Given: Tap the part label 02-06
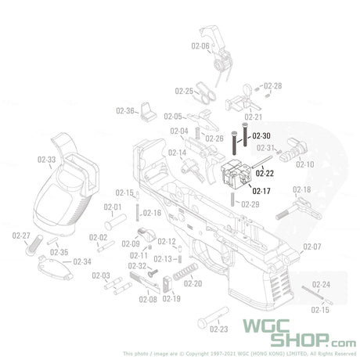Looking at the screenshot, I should pos(200,46).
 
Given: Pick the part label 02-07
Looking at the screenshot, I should pos(311,247).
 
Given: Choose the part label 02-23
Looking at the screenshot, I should pos(218,329).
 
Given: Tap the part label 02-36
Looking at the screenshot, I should pos(125,110).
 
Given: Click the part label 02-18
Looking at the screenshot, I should pos(301,190).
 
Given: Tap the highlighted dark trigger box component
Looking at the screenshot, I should pos(235,175).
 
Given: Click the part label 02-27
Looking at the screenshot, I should pos(21,236).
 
